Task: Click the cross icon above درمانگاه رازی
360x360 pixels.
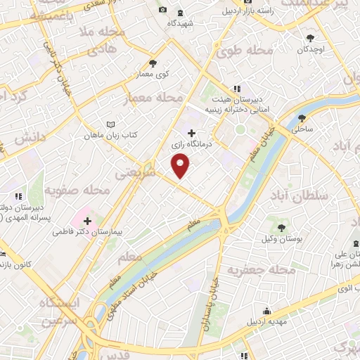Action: pos(191,132)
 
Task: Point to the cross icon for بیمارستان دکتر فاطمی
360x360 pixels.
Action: pos(86,220)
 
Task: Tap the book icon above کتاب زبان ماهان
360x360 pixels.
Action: pos(109,124)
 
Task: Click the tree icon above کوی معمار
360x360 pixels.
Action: pos(153,63)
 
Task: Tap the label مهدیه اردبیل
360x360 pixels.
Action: pos(266,321)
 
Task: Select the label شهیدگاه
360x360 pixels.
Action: pos(181,22)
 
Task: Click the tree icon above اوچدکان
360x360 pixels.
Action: pos(310,38)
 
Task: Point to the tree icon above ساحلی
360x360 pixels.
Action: pos(302,118)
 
